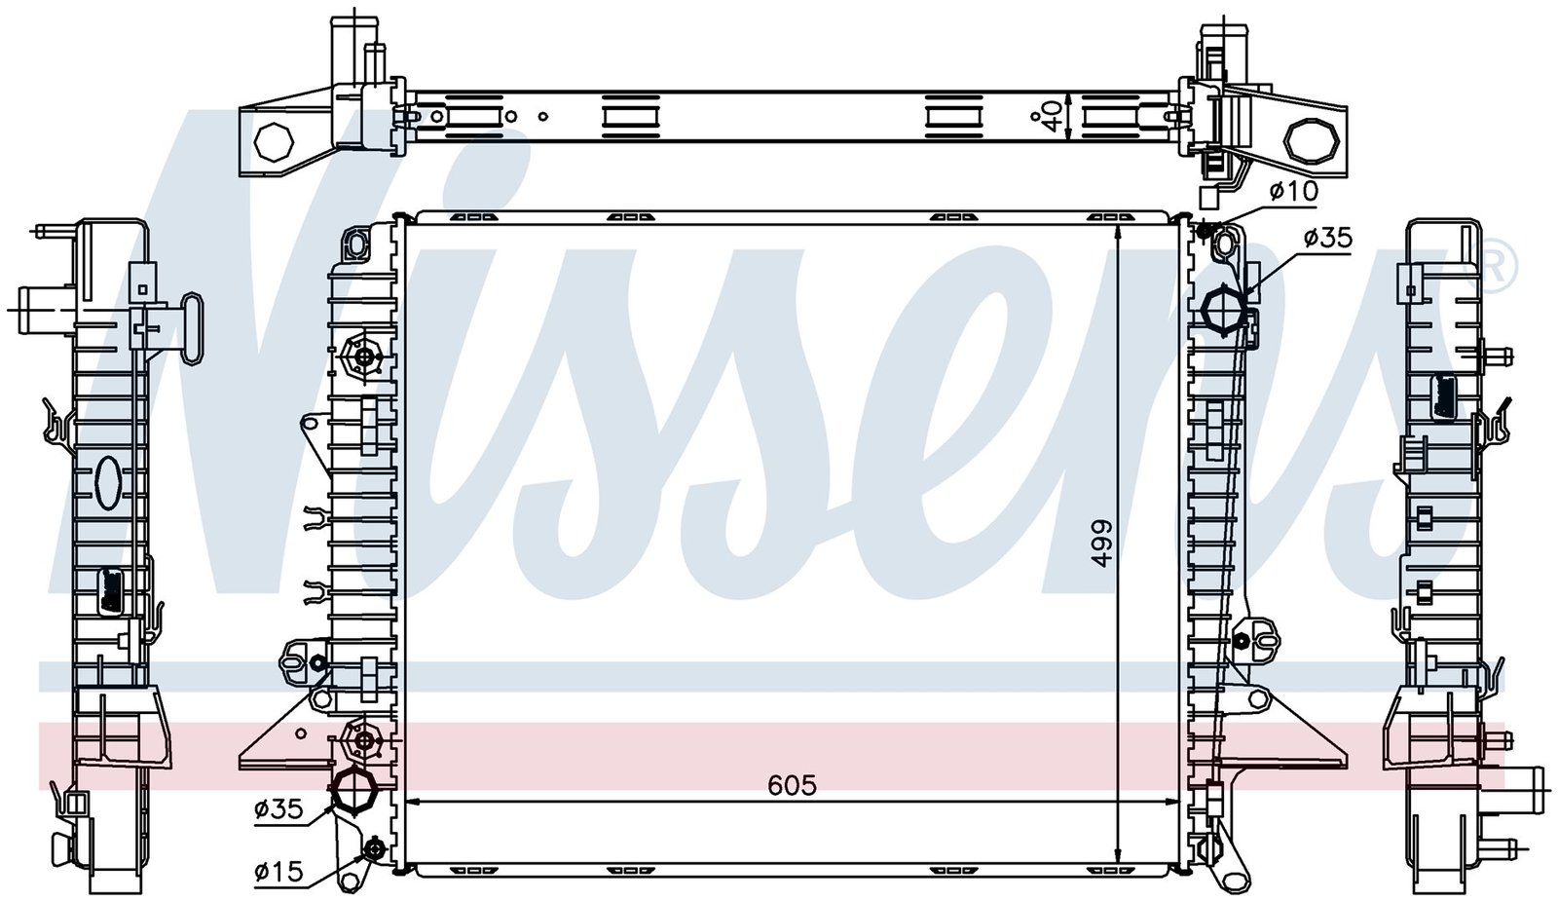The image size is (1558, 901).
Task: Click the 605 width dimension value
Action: coord(792,785)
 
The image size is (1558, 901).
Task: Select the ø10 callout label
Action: coord(1293,191)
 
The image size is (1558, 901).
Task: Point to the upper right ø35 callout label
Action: coord(1327,239)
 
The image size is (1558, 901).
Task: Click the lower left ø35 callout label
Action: coord(278,808)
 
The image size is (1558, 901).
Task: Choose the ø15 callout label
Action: coord(278,871)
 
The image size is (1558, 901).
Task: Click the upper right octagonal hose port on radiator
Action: coord(1225,311)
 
